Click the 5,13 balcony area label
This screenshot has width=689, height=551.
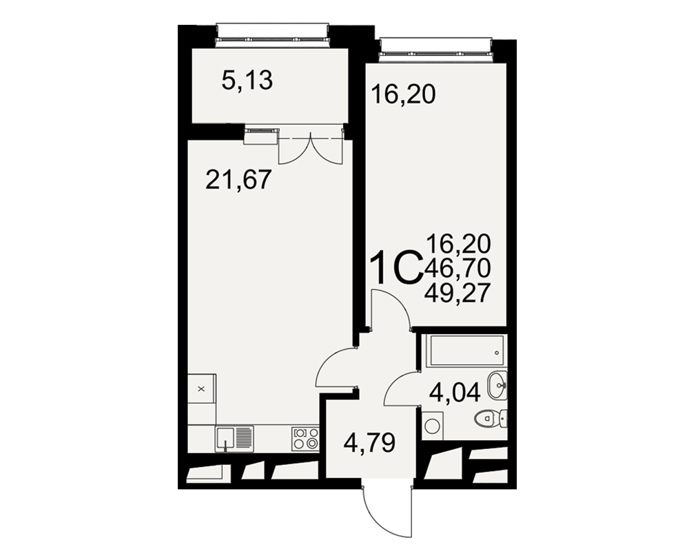click(x=247, y=81)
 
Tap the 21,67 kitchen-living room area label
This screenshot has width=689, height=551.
click(x=238, y=180)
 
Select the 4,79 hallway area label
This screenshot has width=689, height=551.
click(x=369, y=443)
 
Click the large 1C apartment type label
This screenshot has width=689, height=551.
click(x=396, y=269)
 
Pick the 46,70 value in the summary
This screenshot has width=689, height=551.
click(x=457, y=268)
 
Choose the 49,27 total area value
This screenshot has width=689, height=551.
click(x=457, y=293)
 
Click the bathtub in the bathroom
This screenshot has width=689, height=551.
click(x=468, y=351)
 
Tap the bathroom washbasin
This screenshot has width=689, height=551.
click(x=498, y=385)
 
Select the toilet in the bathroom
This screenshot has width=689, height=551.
click(x=491, y=418)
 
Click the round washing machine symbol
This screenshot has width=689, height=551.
click(x=433, y=426)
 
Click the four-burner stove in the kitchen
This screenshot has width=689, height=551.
click(x=305, y=438)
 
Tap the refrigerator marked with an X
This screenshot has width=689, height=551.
click(x=202, y=388)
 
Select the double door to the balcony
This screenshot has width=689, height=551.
click(x=311, y=149)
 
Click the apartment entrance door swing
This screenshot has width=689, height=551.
click(x=387, y=512)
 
